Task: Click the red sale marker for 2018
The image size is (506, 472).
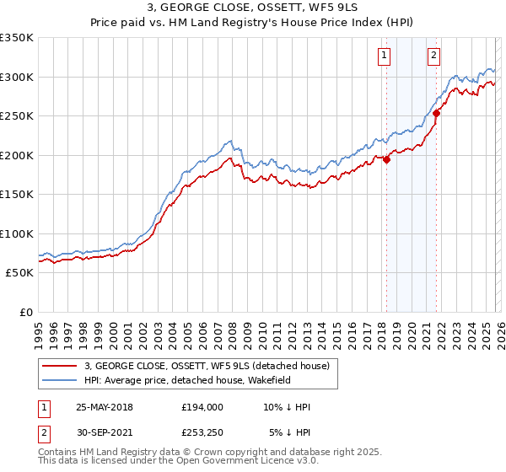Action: [386, 159]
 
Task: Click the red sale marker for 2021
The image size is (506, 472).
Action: [437, 113]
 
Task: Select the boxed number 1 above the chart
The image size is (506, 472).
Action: [384, 56]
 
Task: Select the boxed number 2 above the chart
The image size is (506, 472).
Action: [433, 56]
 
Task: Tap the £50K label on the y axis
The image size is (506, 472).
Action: [19, 273]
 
